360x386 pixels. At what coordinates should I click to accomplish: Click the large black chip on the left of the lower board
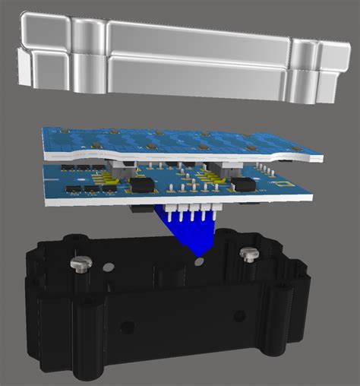[x=141, y=185]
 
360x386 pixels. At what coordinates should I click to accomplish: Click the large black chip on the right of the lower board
[x=243, y=185]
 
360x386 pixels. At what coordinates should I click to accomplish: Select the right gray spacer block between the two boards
[x=226, y=165]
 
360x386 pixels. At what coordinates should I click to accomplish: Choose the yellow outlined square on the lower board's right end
[x=283, y=183]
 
